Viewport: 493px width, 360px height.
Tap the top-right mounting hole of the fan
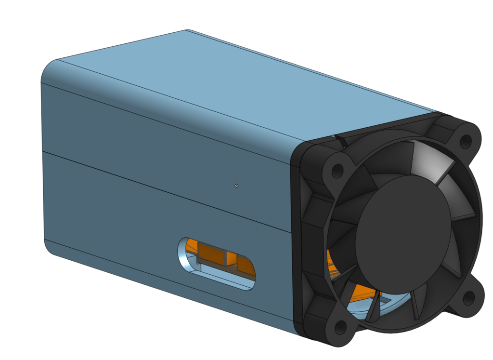coord(466,142)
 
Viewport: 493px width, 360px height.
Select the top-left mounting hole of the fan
coord(337,171)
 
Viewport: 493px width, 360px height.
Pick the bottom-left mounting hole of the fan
coord(340,328)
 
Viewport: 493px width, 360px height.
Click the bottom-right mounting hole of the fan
coord(468,298)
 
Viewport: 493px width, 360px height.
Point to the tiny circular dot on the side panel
coord(236,186)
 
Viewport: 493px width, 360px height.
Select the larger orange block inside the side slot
coord(211,253)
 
